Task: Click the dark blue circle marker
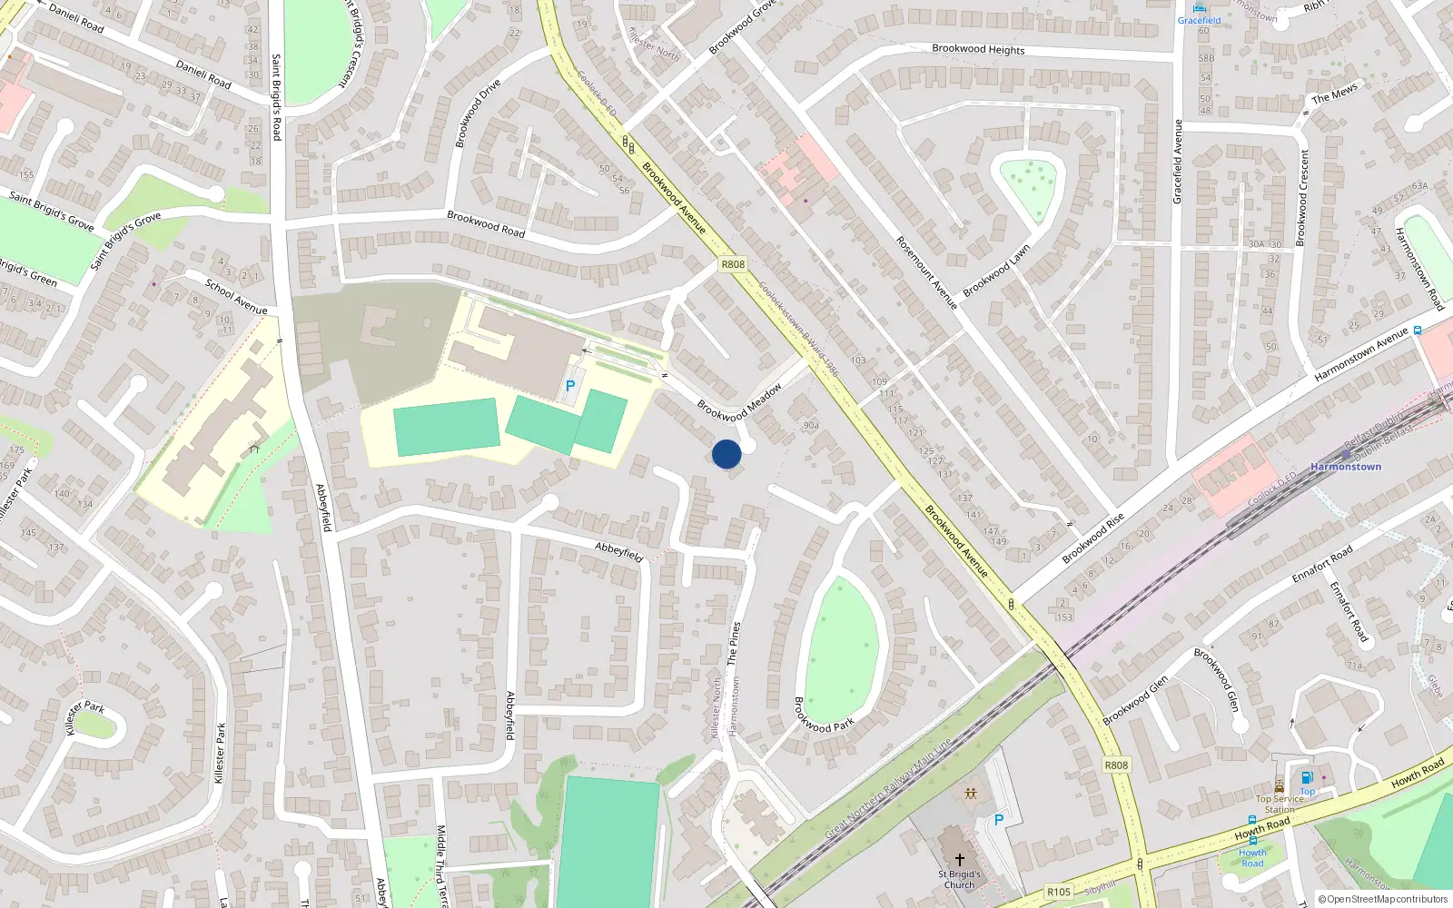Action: (x=726, y=454)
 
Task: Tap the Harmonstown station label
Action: (x=1345, y=467)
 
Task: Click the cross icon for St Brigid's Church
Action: (x=959, y=859)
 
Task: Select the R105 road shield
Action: (x=1059, y=892)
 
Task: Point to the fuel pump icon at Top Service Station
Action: (x=1307, y=777)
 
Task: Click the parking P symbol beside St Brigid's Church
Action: (x=999, y=820)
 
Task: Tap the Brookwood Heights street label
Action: (x=978, y=49)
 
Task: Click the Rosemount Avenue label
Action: (x=927, y=272)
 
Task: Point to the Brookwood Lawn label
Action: (x=996, y=271)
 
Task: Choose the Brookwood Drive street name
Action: (x=478, y=113)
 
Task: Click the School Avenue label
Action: (x=236, y=297)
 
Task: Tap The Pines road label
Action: (x=734, y=643)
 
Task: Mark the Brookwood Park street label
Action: (x=824, y=715)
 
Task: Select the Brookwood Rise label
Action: (x=1093, y=538)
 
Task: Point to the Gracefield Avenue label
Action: (x=1178, y=162)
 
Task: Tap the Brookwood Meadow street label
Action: (x=739, y=403)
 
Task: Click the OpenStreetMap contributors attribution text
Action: (x=1383, y=900)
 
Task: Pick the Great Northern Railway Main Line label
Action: (x=887, y=789)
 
